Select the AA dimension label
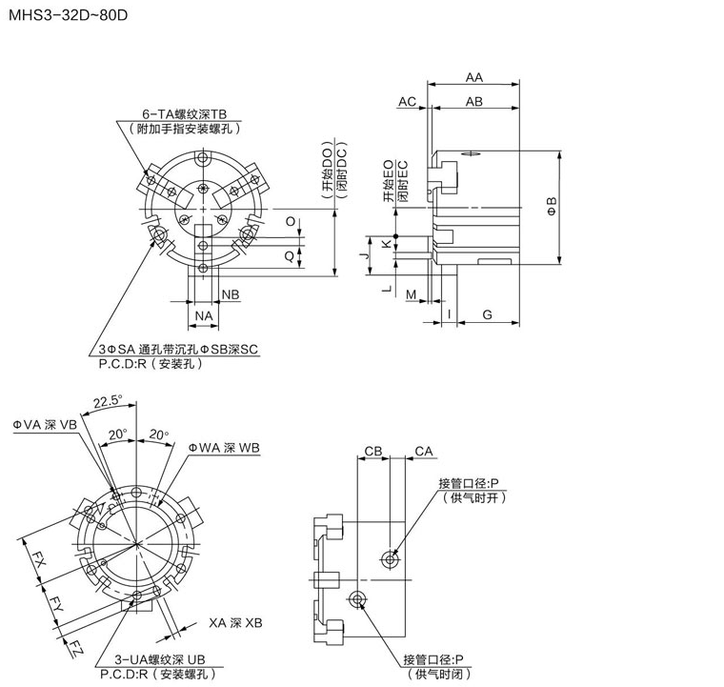click(473, 78)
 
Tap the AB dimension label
click(473, 101)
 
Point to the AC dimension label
click(408, 101)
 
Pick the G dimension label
click(486, 313)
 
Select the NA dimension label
click(203, 314)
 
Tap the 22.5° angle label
click(108, 401)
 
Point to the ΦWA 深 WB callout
click(224, 447)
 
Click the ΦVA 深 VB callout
click(44, 425)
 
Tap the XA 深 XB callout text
click(234, 622)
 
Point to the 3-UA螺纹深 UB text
click(159, 659)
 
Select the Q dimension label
click(290, 255)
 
